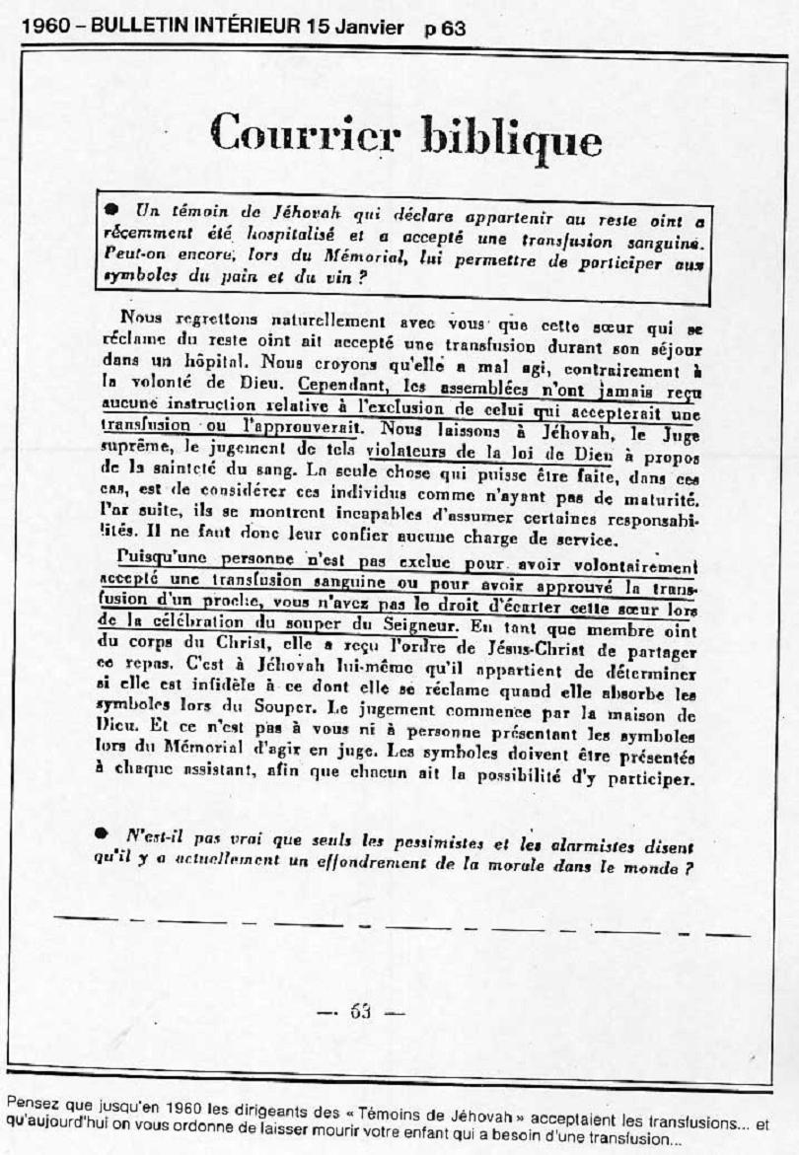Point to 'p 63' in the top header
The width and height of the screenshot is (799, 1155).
point(445,29)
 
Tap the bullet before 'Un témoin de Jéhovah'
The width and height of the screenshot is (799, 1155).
point(113,210)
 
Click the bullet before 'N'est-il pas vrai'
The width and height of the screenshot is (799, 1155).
point(102,833)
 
